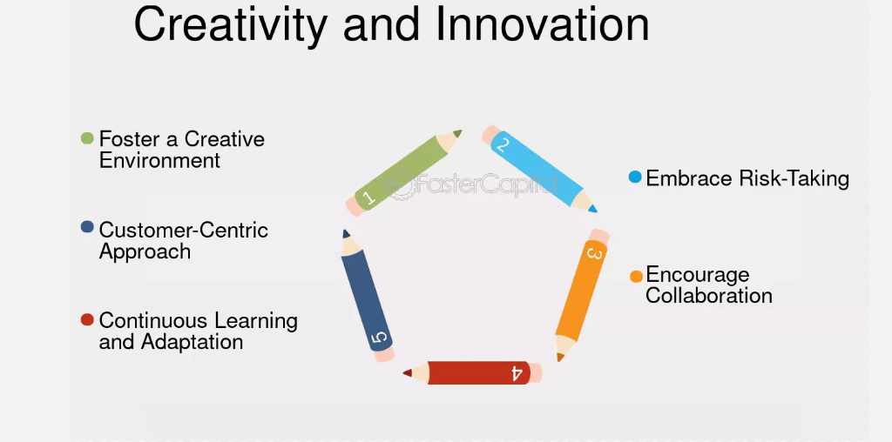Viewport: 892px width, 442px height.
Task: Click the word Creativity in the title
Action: click(x=230, y=24)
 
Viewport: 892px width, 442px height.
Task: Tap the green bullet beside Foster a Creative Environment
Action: click(x=87, y=138)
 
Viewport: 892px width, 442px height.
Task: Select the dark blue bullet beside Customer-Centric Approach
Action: click(x=87, y=227)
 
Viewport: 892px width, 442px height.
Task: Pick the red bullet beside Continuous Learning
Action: click(x=87, y=320)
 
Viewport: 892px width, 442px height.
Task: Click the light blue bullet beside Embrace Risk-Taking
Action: click(x=635, y=177)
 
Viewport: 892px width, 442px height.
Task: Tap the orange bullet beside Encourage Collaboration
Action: click(x=636, y=277)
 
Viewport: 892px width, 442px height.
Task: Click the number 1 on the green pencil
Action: click(x=368, y=198)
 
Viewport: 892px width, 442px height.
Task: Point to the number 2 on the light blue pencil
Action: click(x=503, y=145)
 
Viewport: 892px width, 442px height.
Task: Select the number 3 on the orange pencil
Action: click(x=594, y=252)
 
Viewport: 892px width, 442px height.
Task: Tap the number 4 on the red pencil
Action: click(x=517, y=373)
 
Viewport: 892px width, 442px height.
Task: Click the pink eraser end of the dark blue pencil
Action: click(x=385, y=356)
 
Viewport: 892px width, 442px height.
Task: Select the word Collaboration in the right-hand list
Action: click(x=709, y=296)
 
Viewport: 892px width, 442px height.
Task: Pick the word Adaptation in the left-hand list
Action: click(x=192, y=341)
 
